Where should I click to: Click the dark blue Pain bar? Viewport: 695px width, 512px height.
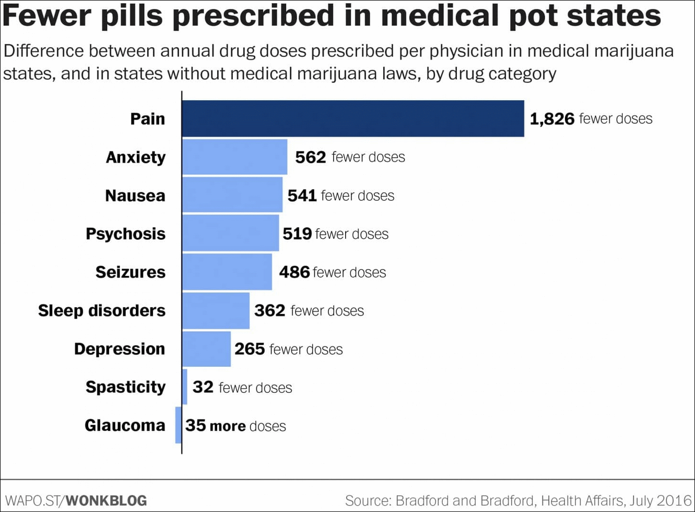(353, 119)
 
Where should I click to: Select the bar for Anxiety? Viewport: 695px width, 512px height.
(234, 157)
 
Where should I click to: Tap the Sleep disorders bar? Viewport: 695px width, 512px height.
(216, 310)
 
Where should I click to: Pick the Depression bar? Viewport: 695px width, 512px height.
(206, 349)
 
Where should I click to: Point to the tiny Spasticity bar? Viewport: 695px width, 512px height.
(185, 387)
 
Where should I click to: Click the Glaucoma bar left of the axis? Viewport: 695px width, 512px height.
(179, 425)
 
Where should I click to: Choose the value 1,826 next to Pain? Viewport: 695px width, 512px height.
(552, 119)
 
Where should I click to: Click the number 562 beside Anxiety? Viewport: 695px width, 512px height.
(311, 157)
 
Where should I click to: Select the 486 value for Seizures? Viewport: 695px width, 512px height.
(295, 272)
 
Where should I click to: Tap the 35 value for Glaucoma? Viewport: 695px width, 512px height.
(196, 425)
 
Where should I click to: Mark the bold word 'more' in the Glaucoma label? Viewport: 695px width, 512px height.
(228, 426)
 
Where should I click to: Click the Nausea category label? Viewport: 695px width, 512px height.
(135, 196)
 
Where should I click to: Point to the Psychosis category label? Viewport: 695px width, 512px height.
(125, 234)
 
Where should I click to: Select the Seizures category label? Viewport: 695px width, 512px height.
(131, 272)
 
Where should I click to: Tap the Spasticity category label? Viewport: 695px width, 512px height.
(125, 387)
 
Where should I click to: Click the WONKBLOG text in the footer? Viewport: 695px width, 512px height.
(107, 500)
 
